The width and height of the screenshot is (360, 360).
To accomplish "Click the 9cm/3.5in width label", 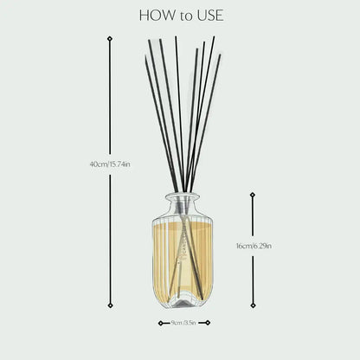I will click(x=184, y=324).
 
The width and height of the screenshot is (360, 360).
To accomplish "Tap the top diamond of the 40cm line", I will click(x=109, y=38).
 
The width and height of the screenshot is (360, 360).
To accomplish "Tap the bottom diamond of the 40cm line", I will click(x=109, y=305).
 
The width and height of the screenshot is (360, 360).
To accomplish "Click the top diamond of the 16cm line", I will click(x=253, y=194).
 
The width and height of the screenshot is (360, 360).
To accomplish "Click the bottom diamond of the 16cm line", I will click(x=253, y=294).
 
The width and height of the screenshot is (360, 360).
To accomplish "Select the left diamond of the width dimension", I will click(x=160, y=323).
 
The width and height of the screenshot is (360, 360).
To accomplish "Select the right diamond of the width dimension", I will click(x=209, y=323).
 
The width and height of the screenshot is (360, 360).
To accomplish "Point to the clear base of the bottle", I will click(x=183, y=299).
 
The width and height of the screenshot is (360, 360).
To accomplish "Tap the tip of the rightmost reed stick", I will click(x=220, y=56).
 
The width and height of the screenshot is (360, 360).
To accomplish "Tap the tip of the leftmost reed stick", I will click(x=146, y=57).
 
